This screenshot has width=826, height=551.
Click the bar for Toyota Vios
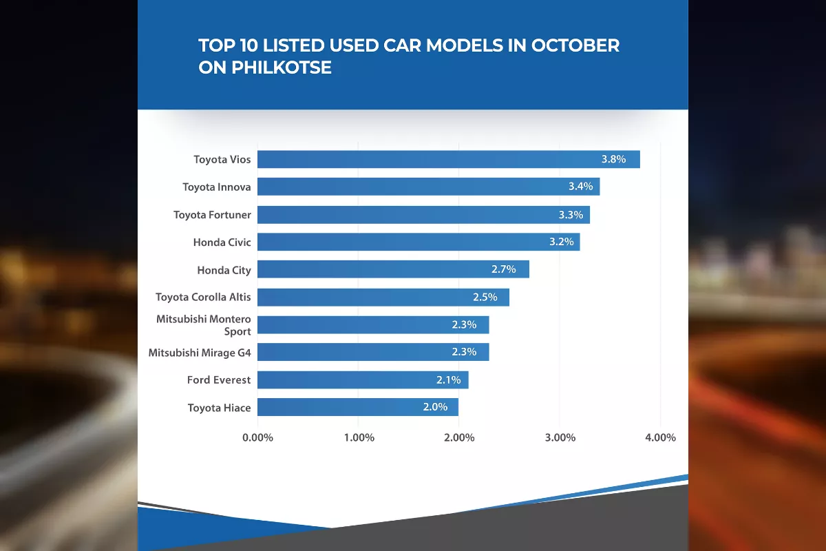tap(447, 159)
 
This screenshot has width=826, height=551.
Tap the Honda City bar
tap(392, 269)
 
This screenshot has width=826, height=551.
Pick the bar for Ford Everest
tap(362, 380)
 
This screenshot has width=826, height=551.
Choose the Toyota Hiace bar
tap(357, 407)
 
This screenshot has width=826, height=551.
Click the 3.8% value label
tap(613, 159)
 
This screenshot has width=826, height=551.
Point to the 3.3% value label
tap(571, 214)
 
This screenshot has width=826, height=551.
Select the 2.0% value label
tap(435, 407)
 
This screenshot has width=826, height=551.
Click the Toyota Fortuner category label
tap(212, 215)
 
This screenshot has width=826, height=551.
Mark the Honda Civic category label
tap(222, 242)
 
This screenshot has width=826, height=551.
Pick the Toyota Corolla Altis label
tap(203, 298)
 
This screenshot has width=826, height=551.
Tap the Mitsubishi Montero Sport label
tap(204, 325)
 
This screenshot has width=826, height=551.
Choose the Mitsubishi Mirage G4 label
tap(200, 353)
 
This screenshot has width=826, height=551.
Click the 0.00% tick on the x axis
tap(258, 437)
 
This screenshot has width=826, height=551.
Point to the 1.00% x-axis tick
tap(359, 437)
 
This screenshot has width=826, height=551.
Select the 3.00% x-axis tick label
tap(560, 437)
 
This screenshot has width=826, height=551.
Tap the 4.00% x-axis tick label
tap(660, 437)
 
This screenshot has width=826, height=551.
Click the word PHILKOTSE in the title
tap(279, 68)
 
